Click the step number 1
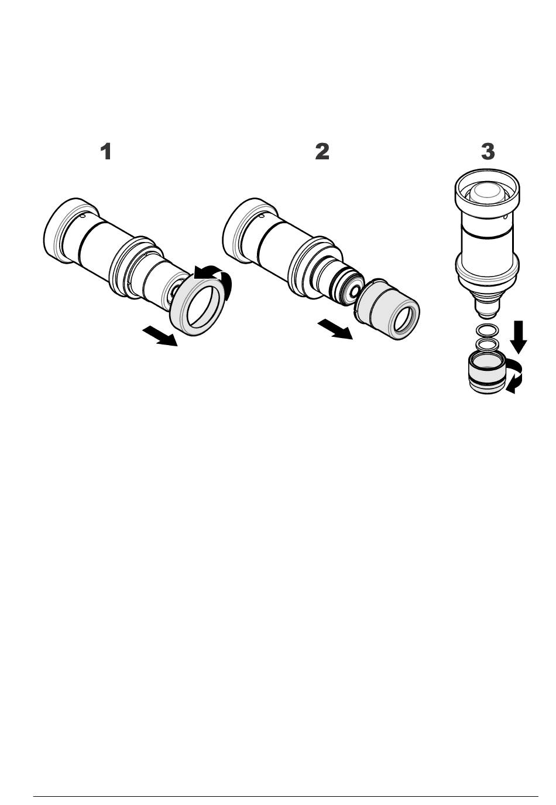pyautogui.click(x=105, y=151)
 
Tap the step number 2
pyautogui.click(x=322, y=151)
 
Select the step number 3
pyautogui.click(x=488, y=151)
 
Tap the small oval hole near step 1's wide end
pyautogui.click(x=83, y=216)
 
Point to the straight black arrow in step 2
pyautogui.click(x=335, y=329)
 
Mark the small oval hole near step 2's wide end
pyautogui.click(x=262, y=216)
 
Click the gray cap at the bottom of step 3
pyautogui.click(x=486, y=374)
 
